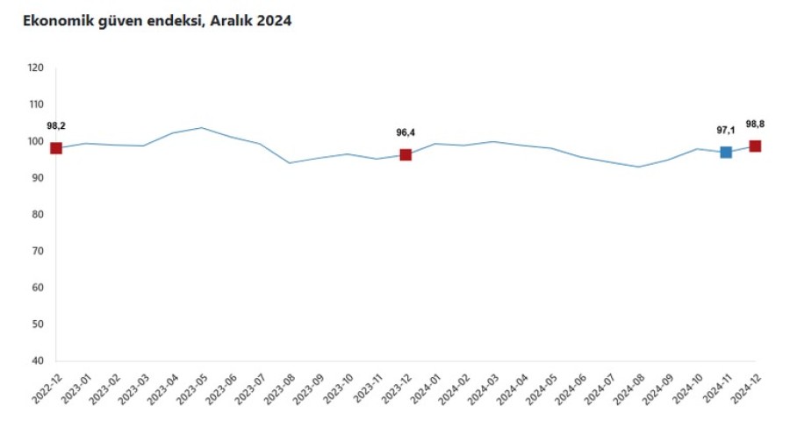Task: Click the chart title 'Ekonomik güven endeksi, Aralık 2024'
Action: (x=157, y=21)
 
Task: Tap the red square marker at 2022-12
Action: (x=56, y=148)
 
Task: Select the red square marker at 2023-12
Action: (x=406, y=154)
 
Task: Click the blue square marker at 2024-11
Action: (x=726, y=152)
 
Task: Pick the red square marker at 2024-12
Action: (x=755, y=146)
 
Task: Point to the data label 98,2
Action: (x=56, y=125)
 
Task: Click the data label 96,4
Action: (x=406, y=132)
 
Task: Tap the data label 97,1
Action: (x=726, y=130)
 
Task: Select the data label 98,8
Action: (x=755, y=124)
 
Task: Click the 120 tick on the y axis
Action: (x=36, y=68)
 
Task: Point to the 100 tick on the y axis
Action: (x=36, y=141)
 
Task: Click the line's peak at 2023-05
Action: (x=202, y=127)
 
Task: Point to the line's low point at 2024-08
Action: (x=639, y=167)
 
